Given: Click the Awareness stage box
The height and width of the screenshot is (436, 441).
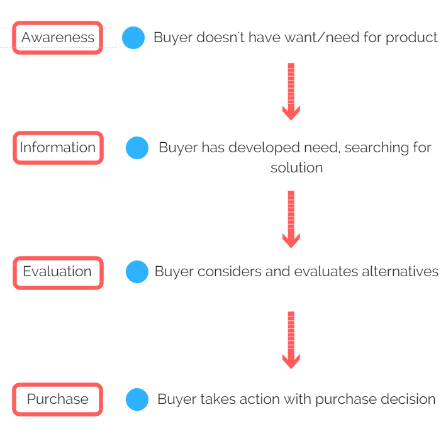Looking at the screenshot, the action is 58,37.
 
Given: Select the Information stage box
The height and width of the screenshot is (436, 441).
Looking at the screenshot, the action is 59,148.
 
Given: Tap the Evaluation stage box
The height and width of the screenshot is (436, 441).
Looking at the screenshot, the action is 59,272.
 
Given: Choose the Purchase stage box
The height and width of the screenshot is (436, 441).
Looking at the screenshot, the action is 58,399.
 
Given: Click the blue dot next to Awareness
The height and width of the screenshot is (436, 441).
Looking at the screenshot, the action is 133,38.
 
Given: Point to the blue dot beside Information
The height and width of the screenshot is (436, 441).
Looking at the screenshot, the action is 137,148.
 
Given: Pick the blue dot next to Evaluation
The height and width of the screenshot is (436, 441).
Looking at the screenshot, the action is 137,272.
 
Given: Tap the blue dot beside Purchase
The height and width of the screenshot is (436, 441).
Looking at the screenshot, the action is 137,400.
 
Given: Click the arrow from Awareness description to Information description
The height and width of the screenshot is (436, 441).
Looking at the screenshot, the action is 291,92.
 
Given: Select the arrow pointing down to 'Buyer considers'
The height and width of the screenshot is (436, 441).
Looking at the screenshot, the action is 291,220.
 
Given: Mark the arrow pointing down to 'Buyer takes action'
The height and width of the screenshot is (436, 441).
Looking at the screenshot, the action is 291,340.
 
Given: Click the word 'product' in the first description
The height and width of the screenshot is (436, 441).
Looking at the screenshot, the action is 411,38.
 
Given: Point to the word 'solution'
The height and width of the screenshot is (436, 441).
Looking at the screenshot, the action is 297,167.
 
